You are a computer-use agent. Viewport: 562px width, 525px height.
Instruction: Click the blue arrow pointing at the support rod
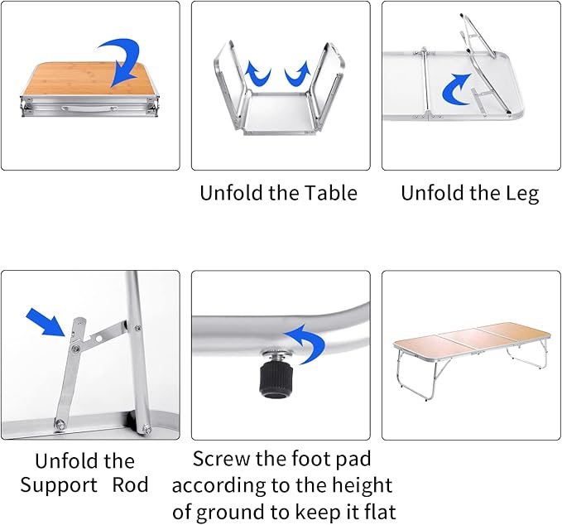click(x=45, y=322)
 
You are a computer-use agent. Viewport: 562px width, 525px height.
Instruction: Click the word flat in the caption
click(x=377, y=511)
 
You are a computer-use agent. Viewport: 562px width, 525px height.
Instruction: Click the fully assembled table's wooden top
click(x=472, y=336)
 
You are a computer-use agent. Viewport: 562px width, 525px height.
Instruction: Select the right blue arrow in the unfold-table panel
click(x=297, y=75)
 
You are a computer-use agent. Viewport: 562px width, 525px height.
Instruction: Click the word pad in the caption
click(x=350, y=459)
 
